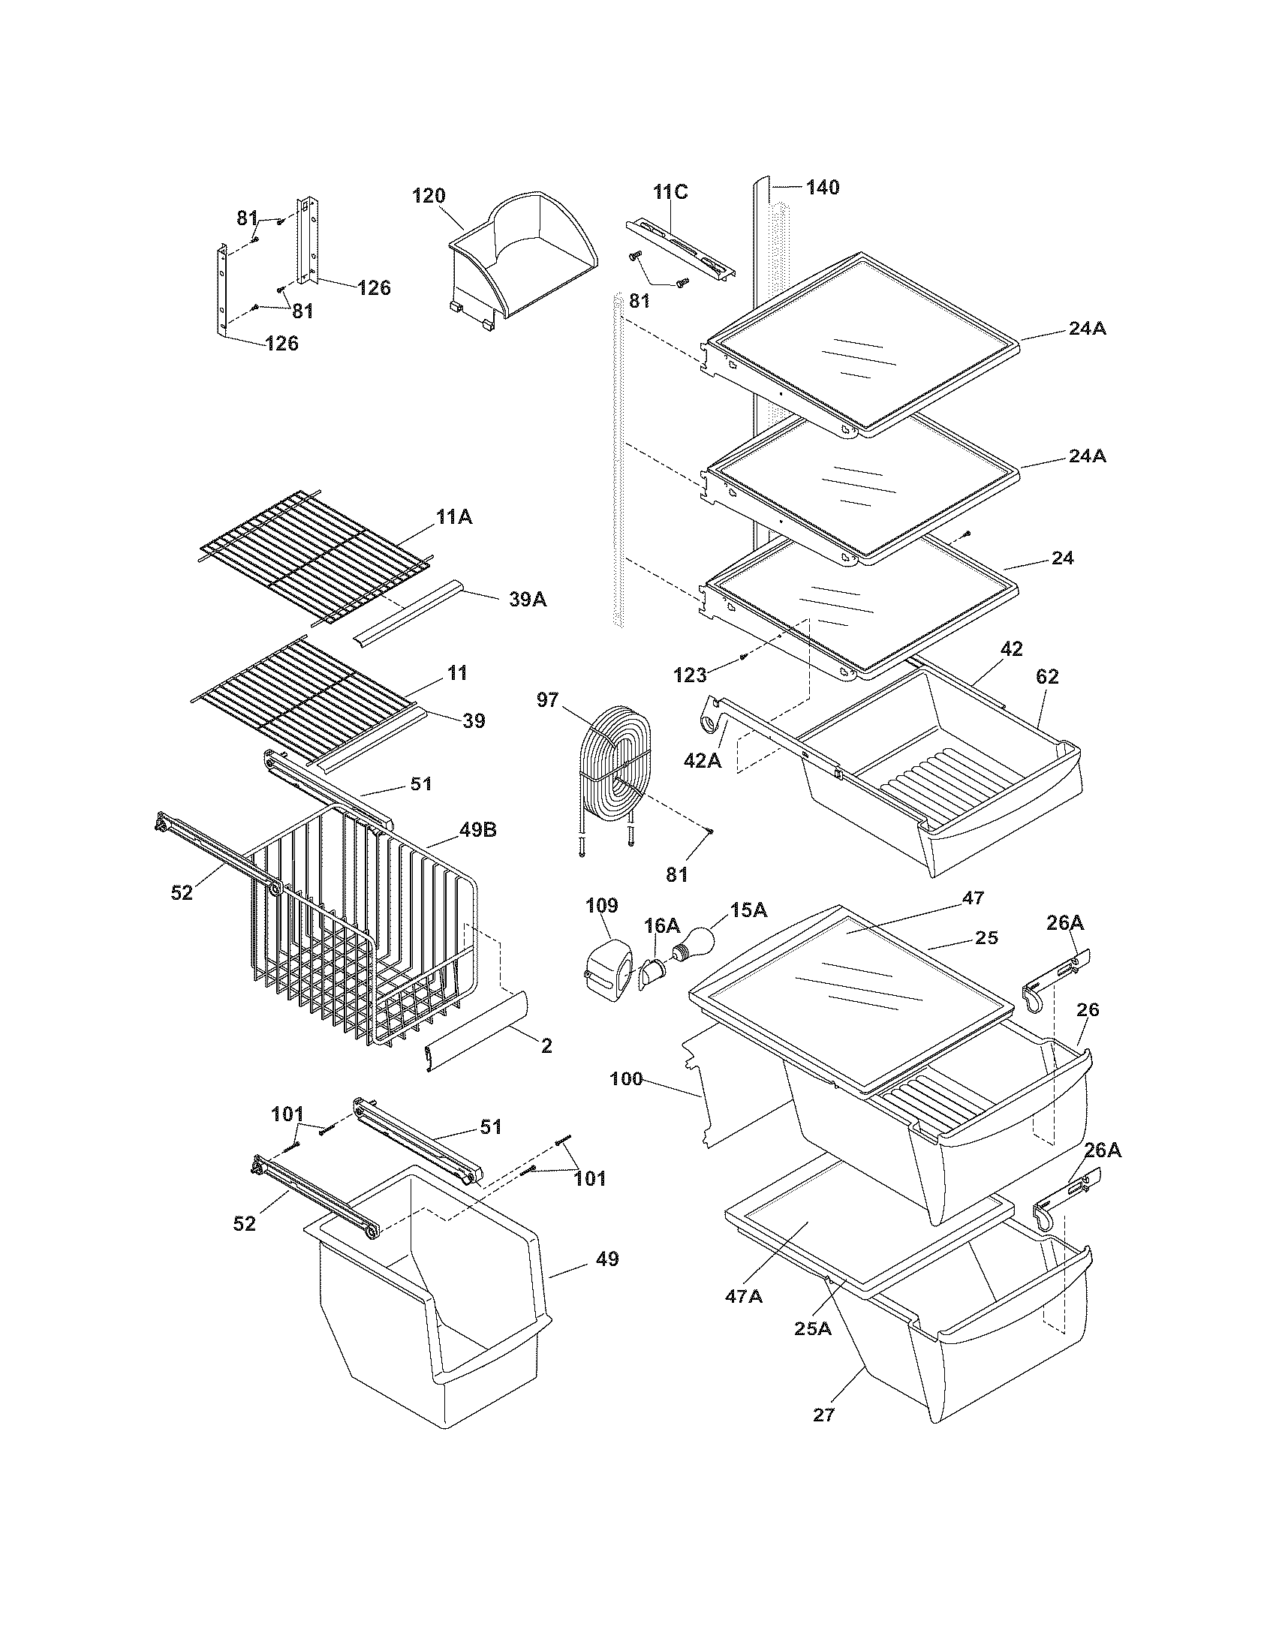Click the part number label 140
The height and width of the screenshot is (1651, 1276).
(x=822, y=188)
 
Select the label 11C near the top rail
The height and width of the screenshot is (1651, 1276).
(x=670, y=192)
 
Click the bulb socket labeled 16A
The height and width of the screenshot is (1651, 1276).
(x=651, y=971)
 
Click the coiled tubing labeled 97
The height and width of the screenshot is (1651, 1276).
(x=613, y=763)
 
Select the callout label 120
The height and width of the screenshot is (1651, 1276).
(x=429, y=197)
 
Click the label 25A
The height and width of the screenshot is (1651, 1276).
(x=813, y=1328)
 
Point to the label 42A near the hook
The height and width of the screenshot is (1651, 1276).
(x=703, y=760)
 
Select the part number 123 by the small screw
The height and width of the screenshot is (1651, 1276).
(x=689, y=675)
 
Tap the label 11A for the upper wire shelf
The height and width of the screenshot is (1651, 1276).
(x=453, y=517)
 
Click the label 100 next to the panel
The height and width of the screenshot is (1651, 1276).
(x=626, y=1078)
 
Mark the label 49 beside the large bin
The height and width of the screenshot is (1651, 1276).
(x=606, y=1259)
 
